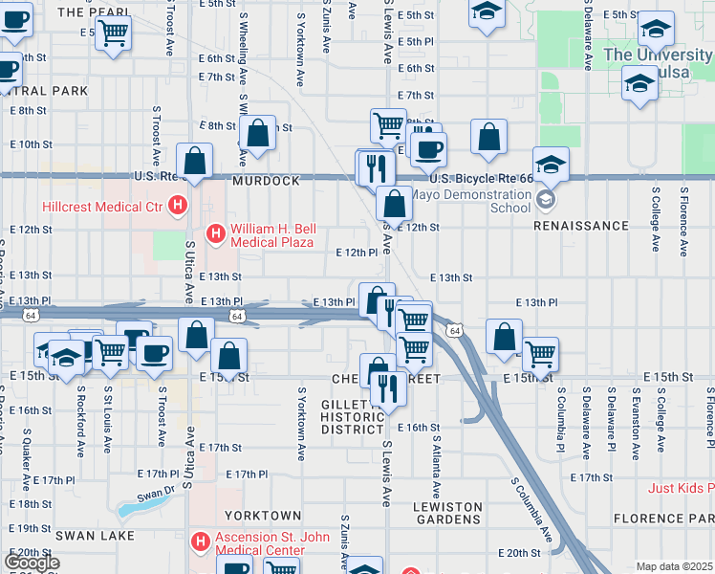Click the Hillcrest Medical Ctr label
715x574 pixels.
coord(101,206)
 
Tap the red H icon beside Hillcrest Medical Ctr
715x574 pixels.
coord(176,205)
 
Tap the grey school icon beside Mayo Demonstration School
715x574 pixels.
coord(545,200)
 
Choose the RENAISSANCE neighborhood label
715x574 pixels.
coord(581,227)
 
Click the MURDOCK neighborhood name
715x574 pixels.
coord(266,180)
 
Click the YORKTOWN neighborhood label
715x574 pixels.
coord(256,516)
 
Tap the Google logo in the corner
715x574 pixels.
coord(32,563)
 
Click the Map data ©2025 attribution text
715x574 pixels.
coord(674,566)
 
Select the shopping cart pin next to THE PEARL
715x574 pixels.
coord(113,35)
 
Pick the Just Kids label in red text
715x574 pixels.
coord(680,488)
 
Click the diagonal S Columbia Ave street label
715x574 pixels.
coord(531,510)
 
